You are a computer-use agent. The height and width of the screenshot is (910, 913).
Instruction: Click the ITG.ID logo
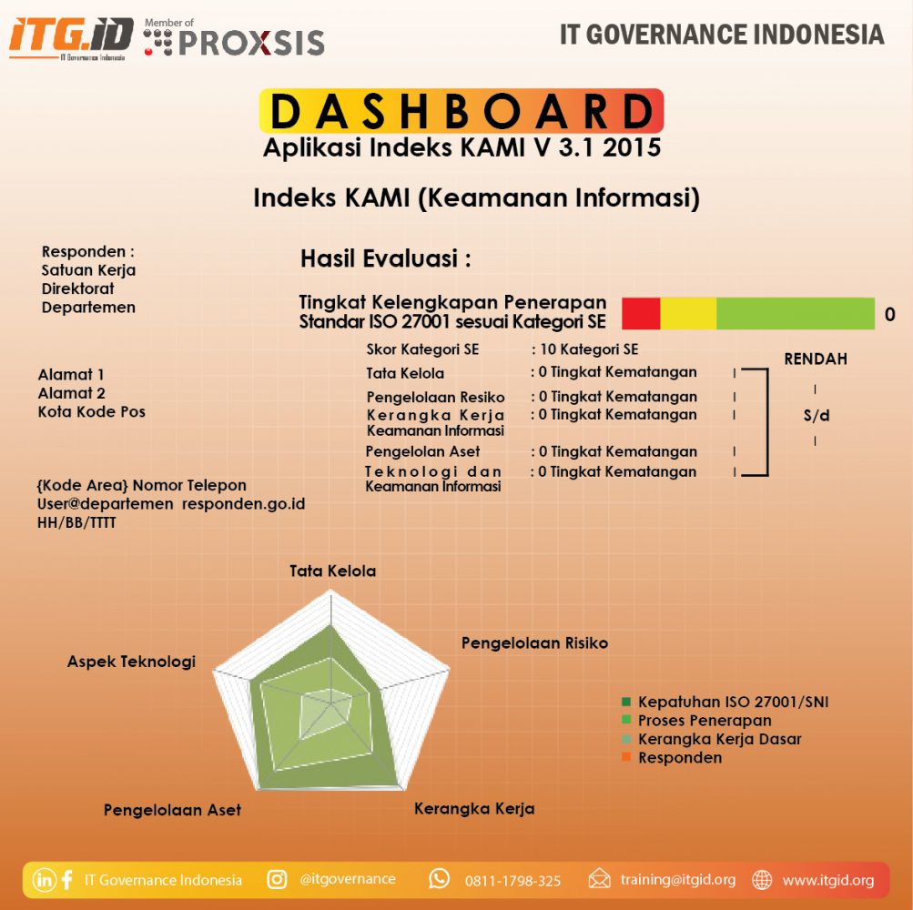pos(71,36)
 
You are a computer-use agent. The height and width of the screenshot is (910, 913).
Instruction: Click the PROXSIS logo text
pos(250,42)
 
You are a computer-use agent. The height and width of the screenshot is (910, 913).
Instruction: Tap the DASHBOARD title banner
pos(462,111)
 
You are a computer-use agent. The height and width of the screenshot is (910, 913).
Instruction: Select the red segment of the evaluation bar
pos(641,313)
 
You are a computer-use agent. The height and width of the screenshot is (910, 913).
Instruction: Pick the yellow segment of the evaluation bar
pos(688,313)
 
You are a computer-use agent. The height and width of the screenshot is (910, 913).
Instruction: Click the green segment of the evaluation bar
pos(795,313)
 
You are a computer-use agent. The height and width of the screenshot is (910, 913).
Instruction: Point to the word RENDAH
pos(816,359)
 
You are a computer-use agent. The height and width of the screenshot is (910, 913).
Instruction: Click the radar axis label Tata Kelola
pos(332,571)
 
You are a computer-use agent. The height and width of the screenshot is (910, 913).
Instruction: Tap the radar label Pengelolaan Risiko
pos(534,643)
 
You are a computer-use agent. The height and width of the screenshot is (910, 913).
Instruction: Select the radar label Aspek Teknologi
pos(131,662)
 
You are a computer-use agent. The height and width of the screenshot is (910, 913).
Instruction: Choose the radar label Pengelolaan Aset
pos(172,810)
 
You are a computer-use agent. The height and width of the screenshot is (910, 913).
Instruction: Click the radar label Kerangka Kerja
pos(474,809)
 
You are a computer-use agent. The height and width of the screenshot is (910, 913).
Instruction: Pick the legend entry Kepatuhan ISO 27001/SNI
pos(733,703)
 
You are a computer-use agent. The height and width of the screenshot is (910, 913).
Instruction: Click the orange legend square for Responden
pos(625,757)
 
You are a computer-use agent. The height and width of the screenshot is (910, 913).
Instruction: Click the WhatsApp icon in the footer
pos(440,879)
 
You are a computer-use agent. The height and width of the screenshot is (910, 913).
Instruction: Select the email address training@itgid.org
pos(678,880)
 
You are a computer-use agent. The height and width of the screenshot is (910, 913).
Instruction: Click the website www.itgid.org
pos(828,880)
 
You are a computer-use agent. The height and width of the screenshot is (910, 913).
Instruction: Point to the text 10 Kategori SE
pos(588,349)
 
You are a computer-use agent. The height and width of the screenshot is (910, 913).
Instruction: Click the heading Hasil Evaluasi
pos(385,259)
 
